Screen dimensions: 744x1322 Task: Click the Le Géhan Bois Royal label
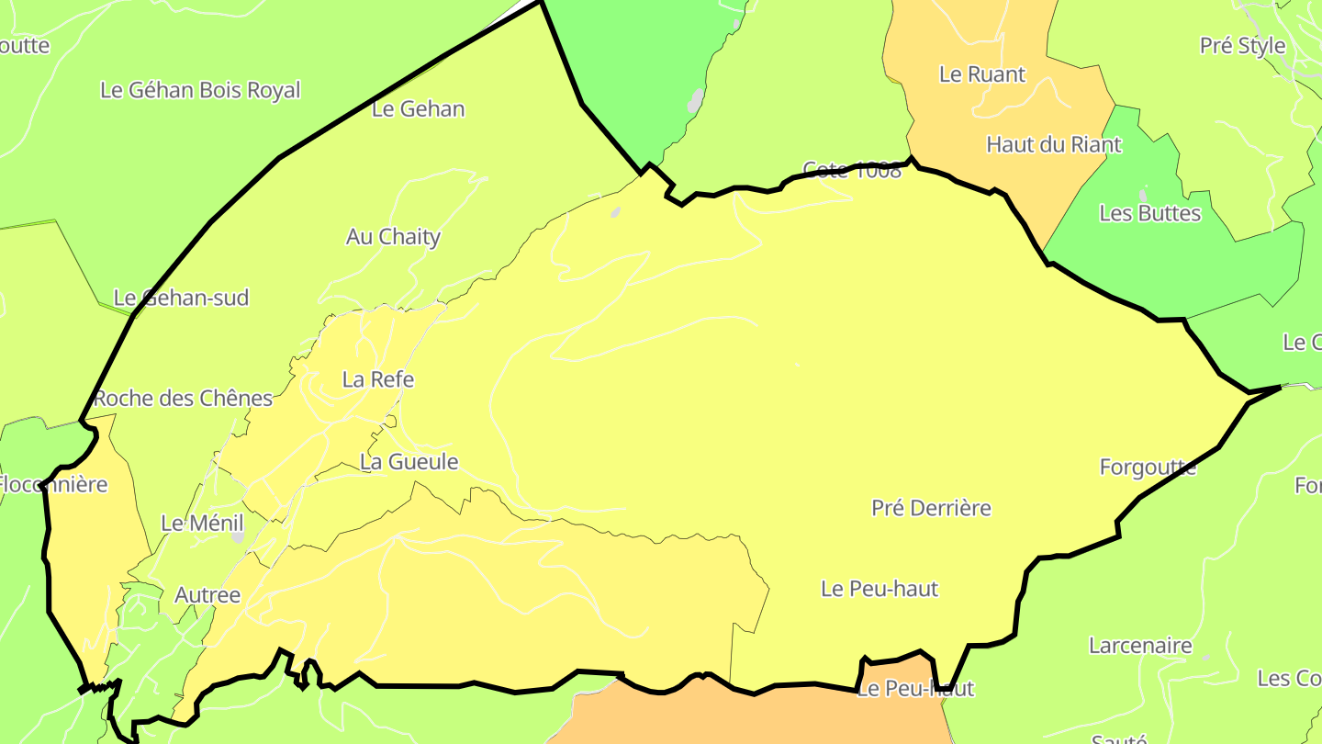pyautogui.click(x=200, y=90)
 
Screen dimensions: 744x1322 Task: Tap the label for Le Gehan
pyautogui.click(x=419, y=108)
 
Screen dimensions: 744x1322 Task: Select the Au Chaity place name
pyautogui.click(x=393, y=236)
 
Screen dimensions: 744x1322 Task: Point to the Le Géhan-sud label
pyautogui.click(x=181, y=298)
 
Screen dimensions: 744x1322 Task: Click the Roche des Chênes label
pyautogui.click(x=184, y=398)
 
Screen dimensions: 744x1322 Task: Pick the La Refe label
pyautogui.click(x=378, y=378)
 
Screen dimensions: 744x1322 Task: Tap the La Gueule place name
pyautogui.click(x=409, y=461)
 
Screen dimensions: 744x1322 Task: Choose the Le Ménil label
pyautogui.click(x=202, y=523)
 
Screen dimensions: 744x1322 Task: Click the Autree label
pyautogui.click(x=207, y=594)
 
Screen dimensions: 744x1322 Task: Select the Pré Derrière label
pyautogui.click(x=931, y=507)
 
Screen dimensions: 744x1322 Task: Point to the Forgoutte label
pyautogui.click(x=1148, y=467)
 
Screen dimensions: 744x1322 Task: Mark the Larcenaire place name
pyautogui.click(x=1140, y=645)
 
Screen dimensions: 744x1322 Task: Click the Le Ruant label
pyautogui.click(x=982, y=73)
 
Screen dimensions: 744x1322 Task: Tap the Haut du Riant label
pyautogui.click(x=1054, y=144)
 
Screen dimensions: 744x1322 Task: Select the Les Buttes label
pyautogui.click(x=1149, y=213)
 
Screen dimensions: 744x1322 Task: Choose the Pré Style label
pyautogui.click(x=1242, y=45)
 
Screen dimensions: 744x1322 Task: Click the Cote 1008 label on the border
pyautogui.click(x=852, y=170)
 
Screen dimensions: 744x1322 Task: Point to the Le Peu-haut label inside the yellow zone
pyautogui.click(x=879, y=588)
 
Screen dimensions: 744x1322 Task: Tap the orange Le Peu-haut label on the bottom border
pyautogui.click(x=914, y=688)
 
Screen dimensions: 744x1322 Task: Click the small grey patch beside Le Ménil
pyautogui.click(x=239, y=535)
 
